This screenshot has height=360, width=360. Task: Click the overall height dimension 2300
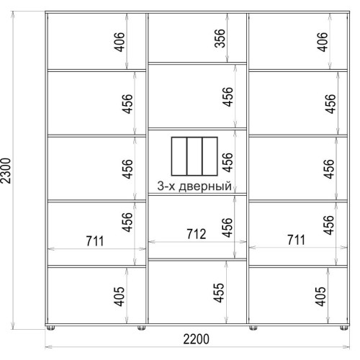point(6,171)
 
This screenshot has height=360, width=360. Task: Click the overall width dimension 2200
point(197,339)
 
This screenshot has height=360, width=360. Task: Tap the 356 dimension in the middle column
point(220,38)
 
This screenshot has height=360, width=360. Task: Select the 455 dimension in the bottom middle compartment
point(219,292)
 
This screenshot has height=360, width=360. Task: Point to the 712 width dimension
point(197,234)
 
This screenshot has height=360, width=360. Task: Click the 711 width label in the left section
point(95,241)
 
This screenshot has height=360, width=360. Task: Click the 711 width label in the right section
point(297,240)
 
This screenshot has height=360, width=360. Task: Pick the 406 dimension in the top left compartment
point(120,42)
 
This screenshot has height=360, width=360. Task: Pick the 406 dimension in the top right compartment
point(323,42)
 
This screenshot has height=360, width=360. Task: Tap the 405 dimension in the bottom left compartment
point(120,297)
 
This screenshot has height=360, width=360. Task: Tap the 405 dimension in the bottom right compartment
point(320,297)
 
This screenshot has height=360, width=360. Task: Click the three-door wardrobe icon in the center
point(194,156)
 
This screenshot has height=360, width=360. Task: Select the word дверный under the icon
point(205,186)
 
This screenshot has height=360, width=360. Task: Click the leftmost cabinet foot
point(50,328)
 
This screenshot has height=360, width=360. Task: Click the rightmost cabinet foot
point(344,328)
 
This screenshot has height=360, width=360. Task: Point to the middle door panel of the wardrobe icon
point(194,156)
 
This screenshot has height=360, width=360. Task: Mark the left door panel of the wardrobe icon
point(179,156)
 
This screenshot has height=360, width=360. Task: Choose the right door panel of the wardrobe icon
point(210,156)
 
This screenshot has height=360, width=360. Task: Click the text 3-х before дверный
point(166,186)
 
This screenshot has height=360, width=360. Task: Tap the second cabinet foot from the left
point(142,328)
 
